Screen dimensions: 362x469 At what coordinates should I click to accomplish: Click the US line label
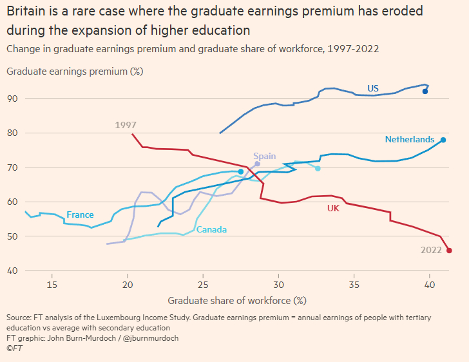click(373, 88)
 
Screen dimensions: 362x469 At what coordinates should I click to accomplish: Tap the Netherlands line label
click(408, 139)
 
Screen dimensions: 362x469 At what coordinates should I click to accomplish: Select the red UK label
click(333, 208)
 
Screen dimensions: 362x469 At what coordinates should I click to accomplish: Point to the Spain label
click(264, 156)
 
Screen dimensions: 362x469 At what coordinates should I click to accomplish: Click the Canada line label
click(211, 230)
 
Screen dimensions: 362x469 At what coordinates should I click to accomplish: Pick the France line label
click(80, 214)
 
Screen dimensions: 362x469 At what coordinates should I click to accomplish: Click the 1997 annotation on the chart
click(126, 126)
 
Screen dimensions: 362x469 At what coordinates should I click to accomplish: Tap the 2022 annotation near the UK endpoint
click(432, 250)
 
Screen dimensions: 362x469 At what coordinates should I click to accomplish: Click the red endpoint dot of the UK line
click(449, 251)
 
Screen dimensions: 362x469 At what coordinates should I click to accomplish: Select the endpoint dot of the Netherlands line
click(443, 140)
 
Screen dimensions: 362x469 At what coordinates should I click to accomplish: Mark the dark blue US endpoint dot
click(425, 91)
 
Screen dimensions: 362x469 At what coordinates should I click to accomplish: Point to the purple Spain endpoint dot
click(257, 164)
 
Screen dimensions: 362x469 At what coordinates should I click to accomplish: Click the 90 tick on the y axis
click(12, 99)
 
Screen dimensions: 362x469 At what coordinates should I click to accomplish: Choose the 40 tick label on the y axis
click(12, 271)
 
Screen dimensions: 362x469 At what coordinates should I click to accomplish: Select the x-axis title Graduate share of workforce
click(236, 300)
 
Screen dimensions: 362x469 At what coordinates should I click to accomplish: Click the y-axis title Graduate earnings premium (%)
click(74, 71)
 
